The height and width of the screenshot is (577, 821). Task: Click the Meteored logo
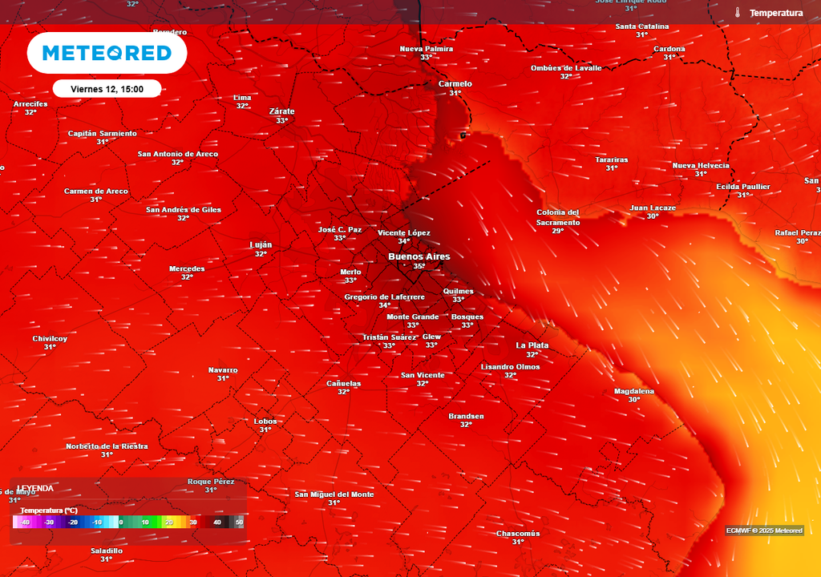point(107,54)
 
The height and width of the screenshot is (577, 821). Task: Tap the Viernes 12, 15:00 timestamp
point(107,89)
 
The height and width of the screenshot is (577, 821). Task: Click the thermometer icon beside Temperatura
point(737,13)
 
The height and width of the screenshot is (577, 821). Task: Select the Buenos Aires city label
point(419,256)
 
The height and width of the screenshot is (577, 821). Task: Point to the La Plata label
point(532,345)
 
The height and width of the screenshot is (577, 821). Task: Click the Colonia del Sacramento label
point(558,217)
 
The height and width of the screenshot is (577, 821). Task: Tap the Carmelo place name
point(455,84)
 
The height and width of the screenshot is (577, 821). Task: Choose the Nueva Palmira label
point(427,49)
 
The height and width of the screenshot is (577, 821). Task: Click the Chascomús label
point(518,534)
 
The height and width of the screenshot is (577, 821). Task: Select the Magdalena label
point(633,391)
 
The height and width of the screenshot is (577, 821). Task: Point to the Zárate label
point(281,111)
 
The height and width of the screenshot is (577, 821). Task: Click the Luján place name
point(261,244)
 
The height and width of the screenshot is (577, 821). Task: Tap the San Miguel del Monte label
point(334,494)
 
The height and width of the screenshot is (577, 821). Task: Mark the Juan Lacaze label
point(653,208)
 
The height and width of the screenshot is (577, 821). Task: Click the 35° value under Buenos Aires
point(419,267)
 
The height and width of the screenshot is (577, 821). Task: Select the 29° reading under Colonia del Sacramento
point(558,231)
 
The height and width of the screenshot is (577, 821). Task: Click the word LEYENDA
point(35,488)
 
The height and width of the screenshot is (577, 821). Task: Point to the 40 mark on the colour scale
point(216,523)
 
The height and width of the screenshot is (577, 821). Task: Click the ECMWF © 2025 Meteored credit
point(764,531)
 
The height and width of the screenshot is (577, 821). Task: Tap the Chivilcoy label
point(50,338)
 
